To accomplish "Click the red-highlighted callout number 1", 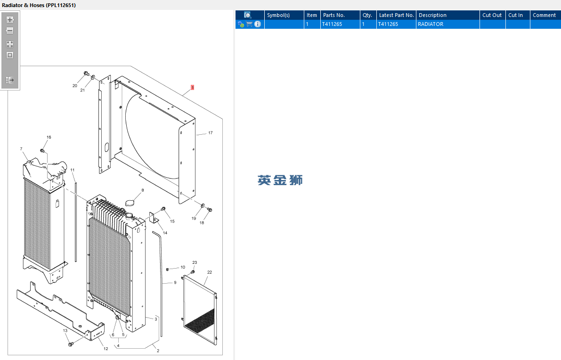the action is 193,88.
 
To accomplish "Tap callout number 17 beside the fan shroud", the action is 211,133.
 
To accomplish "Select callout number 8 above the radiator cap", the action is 143,190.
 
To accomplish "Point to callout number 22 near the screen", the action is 209,272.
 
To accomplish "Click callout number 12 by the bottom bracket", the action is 106,349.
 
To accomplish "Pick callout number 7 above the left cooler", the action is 21,149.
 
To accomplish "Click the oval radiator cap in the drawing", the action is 132,203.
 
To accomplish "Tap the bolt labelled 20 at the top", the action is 86,74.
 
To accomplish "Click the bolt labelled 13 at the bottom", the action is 71,344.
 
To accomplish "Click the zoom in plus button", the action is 10,20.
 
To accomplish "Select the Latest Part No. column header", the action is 396,15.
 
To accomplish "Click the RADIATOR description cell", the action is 431,24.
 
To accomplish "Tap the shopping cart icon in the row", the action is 249,24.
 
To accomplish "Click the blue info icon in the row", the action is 258,24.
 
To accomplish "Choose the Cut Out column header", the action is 492,15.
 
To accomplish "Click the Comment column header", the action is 544,15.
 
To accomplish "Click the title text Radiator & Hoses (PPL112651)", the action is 39,5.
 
